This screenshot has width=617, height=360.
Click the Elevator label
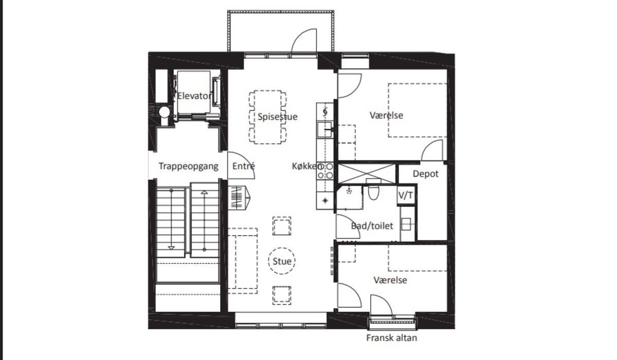click(x=194, y=96)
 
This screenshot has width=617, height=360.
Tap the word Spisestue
click(x=277, y=117)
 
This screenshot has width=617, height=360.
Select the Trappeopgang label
click(x=188, y=166)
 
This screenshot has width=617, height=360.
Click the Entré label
click(x=244, y=166)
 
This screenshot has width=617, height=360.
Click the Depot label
click(x=426, y=174)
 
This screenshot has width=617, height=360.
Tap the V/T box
click(x=406, y=195)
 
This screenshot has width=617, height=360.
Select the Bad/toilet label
click(x=372, y=226)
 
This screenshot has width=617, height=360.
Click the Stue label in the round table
click(x=282, y=261)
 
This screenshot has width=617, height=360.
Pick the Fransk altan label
click(x=391, y=338)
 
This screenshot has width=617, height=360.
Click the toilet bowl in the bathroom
click(x=373, y=192)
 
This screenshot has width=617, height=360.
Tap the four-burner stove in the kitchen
click(x=325, y=171)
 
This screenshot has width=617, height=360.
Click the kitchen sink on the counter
click(x=324, y=130)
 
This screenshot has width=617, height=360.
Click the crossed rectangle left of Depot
click(x=366, y=173)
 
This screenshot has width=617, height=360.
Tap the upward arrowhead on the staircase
click(x=204, y=192)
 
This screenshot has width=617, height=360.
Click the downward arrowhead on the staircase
click(x=171, y=248)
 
